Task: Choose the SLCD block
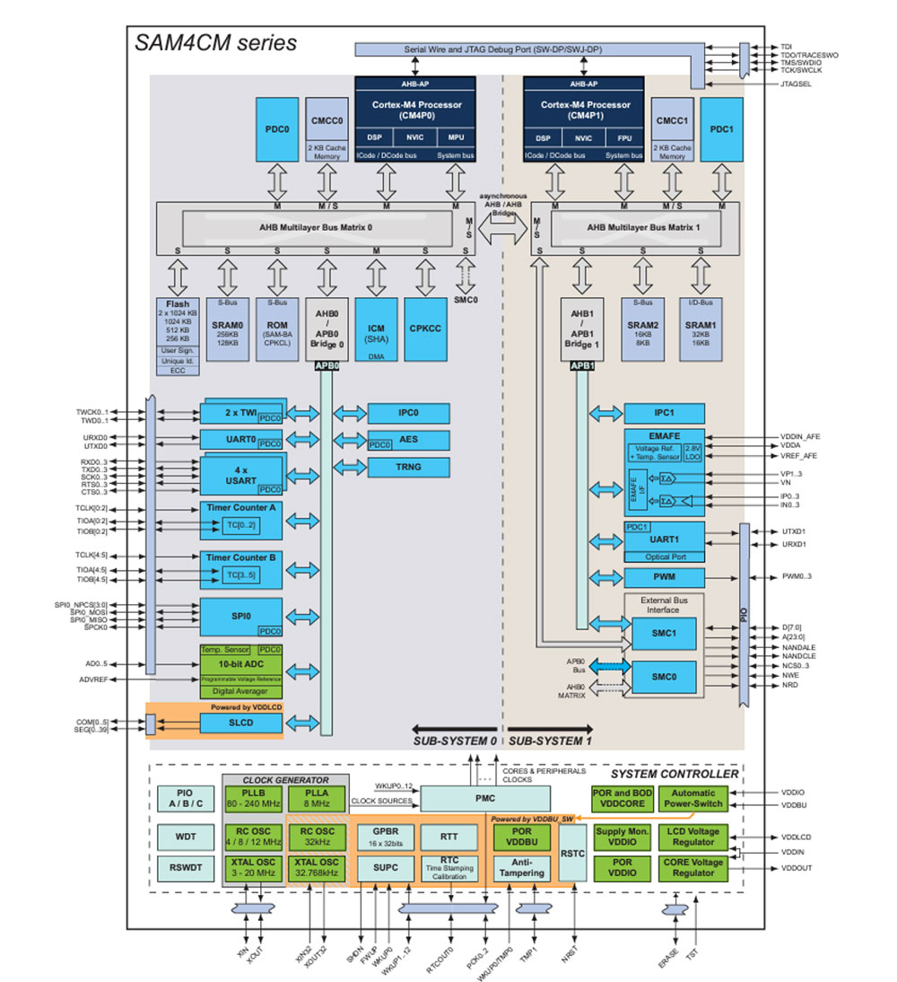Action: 240,723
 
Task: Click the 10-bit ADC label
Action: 239,664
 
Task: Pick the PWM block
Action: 665,577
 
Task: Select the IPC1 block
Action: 665,414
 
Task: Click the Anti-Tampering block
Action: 520,868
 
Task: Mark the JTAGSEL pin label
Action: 797,83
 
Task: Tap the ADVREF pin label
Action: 93,680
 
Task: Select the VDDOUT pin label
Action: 797,869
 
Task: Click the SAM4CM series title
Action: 215,41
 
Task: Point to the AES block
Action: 407,439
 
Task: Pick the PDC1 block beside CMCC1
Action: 722,129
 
